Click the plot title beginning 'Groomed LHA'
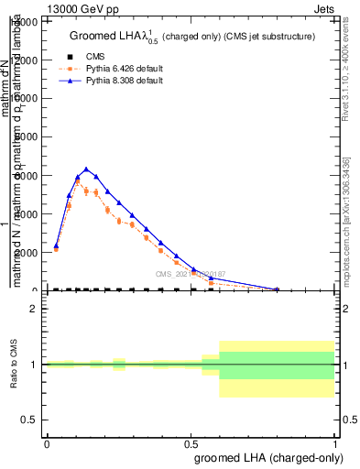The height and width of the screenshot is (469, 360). tap(192, 37)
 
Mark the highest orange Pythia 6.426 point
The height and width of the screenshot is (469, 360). tap(78, 181)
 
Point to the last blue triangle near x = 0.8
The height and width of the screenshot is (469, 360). tap(278, 289)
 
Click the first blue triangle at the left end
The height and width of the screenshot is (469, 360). tap(56, 245)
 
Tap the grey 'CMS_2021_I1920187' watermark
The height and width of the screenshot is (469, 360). tap(190, 274)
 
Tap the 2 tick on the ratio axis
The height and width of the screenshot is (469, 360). tap(35, 309)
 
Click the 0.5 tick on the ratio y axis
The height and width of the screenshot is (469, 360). tap(31, 420)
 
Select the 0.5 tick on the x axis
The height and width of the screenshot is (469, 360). tap(191, 444)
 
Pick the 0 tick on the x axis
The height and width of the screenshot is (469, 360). tap(47, 444)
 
